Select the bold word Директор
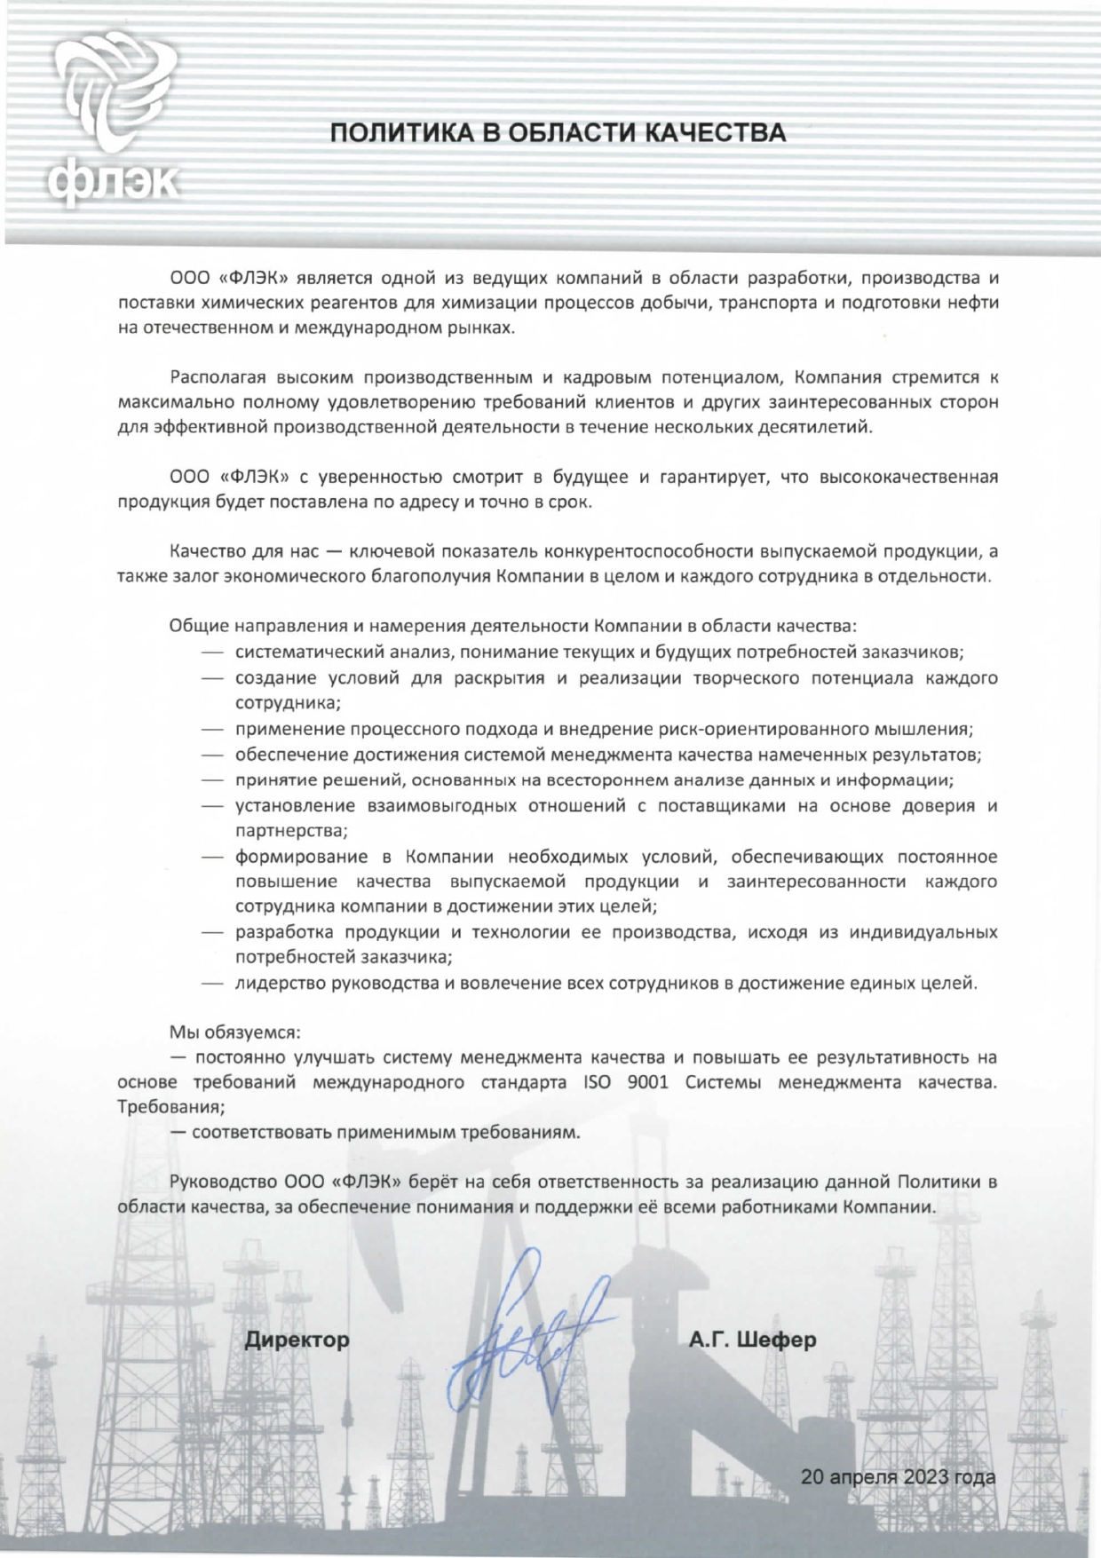point(297,1339)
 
